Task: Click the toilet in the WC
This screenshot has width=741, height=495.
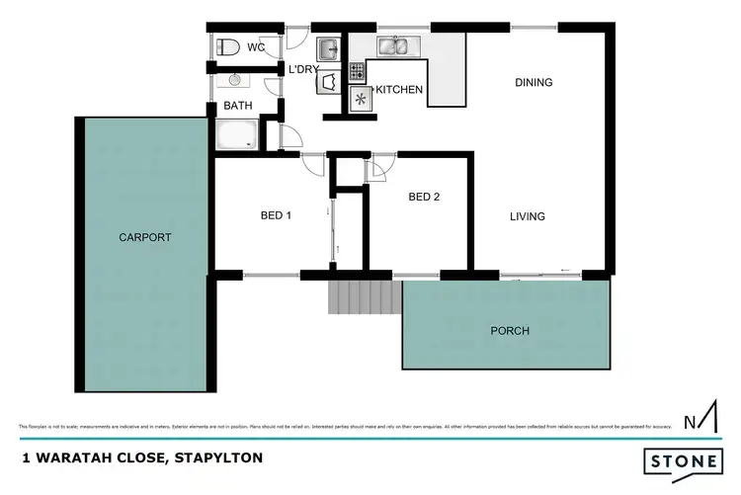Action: (x=229, y=46)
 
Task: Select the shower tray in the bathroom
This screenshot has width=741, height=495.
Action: (x=236, y=134)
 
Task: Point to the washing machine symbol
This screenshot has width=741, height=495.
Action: (x=328, y=83)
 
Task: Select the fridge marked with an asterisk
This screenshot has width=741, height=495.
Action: (x=360, y=99)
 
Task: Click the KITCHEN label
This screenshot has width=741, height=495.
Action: (x=398, y=90)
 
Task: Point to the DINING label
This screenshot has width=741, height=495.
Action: (x=534, y=83)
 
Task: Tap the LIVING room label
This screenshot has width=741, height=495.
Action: (x=528, y=216)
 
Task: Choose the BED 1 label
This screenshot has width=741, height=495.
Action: (x=276, y=215)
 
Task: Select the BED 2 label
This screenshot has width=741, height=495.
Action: (x=424, y=197)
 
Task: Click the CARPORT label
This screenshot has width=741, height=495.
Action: (x=145, y=237)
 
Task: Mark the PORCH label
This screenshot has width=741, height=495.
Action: (x=509, y=331)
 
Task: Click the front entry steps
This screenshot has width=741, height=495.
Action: (x=365, y=295)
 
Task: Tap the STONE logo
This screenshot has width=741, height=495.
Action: (x=682, y=461)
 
